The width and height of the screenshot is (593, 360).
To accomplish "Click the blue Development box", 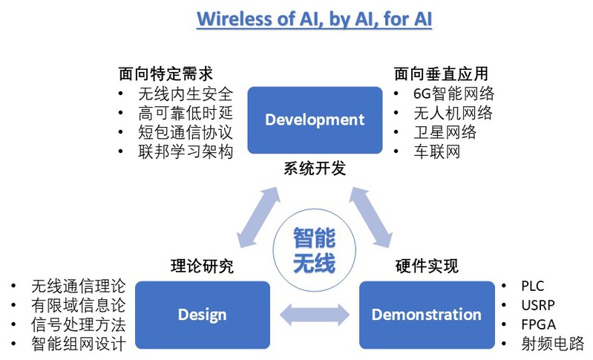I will (x=315, y=120).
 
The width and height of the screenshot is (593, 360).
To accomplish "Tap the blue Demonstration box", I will (x=426, y=314).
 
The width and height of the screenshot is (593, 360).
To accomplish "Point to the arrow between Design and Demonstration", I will (x=314, y=314).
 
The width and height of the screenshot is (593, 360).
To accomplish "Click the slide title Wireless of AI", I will (x=314, y=19).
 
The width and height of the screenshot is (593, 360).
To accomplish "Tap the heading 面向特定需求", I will (x=166, y=74).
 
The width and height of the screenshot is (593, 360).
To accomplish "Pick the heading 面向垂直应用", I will (x=440, y=74).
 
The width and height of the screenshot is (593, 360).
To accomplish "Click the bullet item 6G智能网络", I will (x=453, y=94).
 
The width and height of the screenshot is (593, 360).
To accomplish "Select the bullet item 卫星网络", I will (x=445, y=133).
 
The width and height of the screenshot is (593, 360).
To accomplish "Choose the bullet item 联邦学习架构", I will (x=186, y=152).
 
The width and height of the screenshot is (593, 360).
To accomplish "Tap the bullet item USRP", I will (x=537, y=305).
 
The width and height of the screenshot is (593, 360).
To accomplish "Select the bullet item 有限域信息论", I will (x=78, y=305).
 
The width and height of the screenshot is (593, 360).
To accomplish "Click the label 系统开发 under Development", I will (x=314, y=168).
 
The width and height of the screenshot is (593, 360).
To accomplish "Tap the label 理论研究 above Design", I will (x=202, y=266).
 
